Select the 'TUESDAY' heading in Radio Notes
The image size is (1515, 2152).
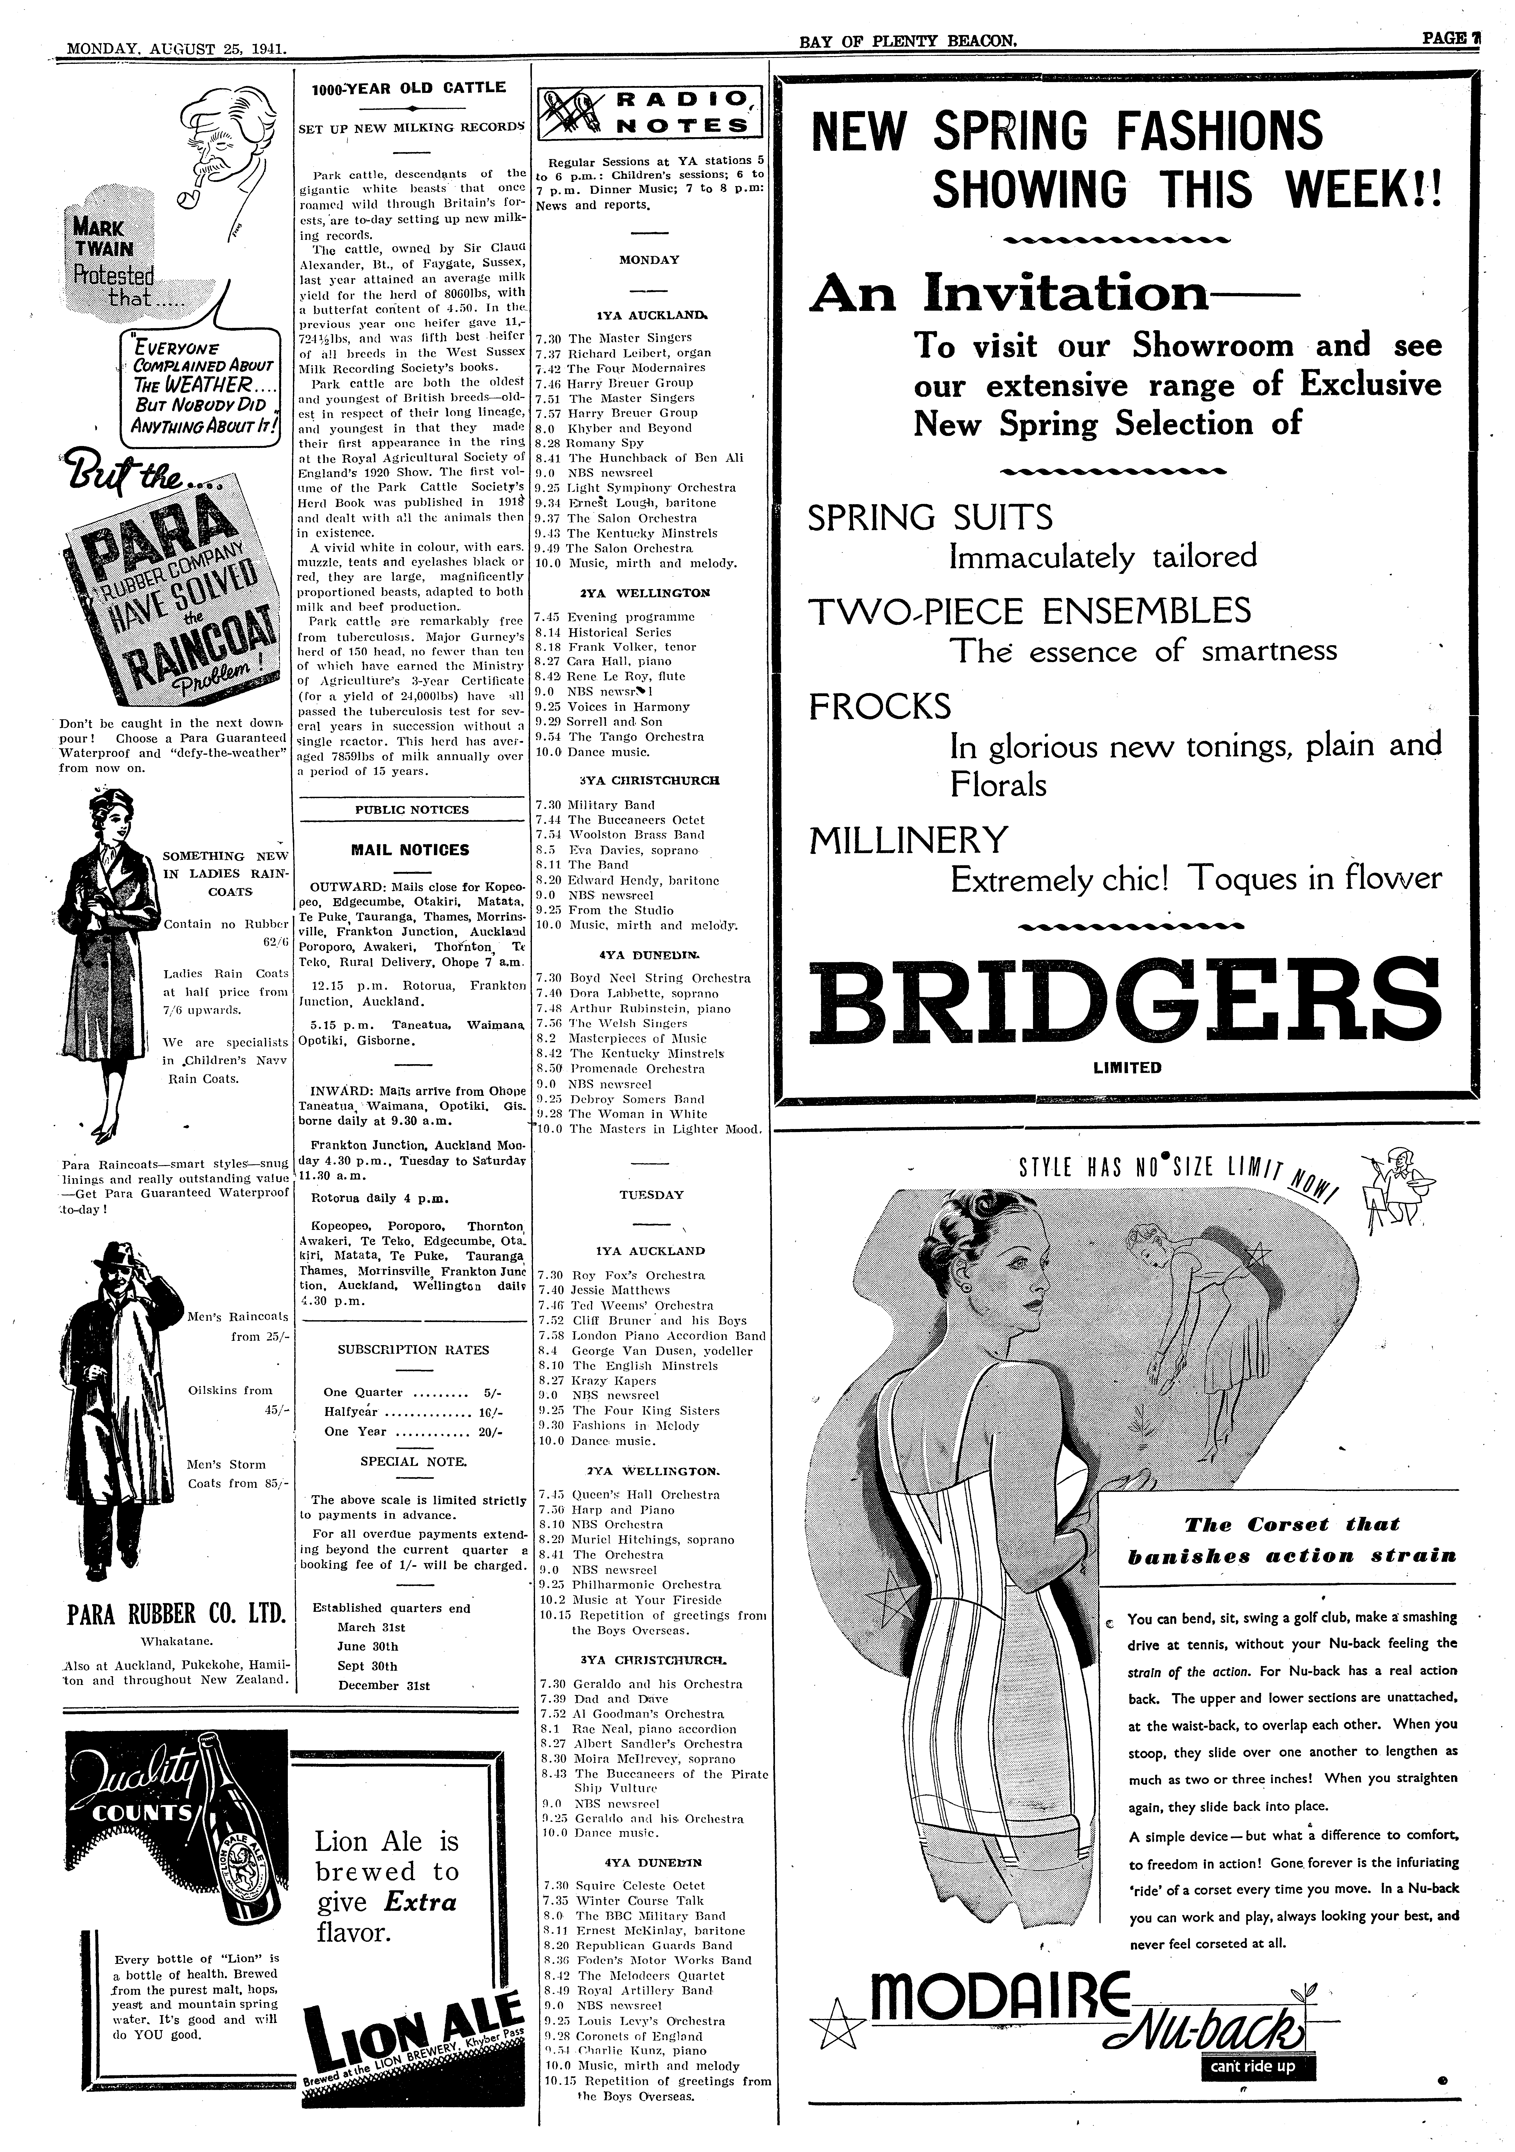651,1195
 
